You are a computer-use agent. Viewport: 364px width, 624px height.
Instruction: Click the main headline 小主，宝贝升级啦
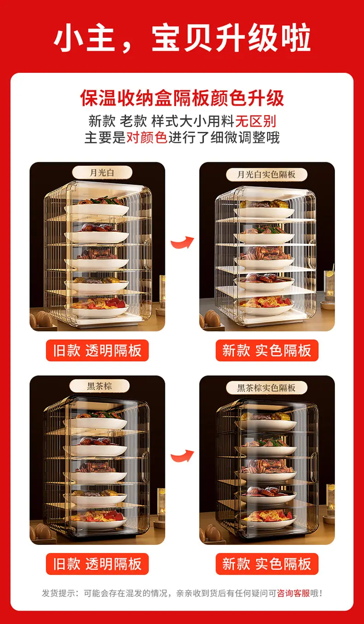[x=182, y=38]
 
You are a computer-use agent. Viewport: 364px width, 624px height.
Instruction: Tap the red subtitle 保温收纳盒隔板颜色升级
[x=182, y=98]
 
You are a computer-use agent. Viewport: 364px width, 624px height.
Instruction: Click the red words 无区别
[x=256, y=121]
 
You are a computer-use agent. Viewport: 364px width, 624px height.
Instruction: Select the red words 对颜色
[x=147, y=137]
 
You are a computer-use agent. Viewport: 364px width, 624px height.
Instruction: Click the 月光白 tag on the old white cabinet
[x=102, y=173]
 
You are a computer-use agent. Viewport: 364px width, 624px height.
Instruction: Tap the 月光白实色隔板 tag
[x=266, y=175]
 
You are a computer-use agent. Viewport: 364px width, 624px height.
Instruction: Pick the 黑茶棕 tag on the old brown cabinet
[x=100, y=386]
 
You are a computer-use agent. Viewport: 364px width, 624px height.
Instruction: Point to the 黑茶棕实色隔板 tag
[x=266, y=388]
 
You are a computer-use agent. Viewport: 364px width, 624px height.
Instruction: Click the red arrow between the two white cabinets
[x=183, y=242]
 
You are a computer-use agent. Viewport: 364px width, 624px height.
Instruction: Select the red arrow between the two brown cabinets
[x=183, y=456]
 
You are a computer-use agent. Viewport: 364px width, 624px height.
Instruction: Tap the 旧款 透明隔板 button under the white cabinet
[x=97, y=350]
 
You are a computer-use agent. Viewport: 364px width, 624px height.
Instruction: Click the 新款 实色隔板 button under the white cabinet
[x=267, y=350]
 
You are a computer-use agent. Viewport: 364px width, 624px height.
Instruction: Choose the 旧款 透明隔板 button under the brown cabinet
[x=97, y=564]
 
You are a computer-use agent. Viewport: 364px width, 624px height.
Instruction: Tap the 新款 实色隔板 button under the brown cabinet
[x=267, y=564]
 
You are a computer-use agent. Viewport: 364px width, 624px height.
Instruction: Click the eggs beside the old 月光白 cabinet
[x=41, y=319]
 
